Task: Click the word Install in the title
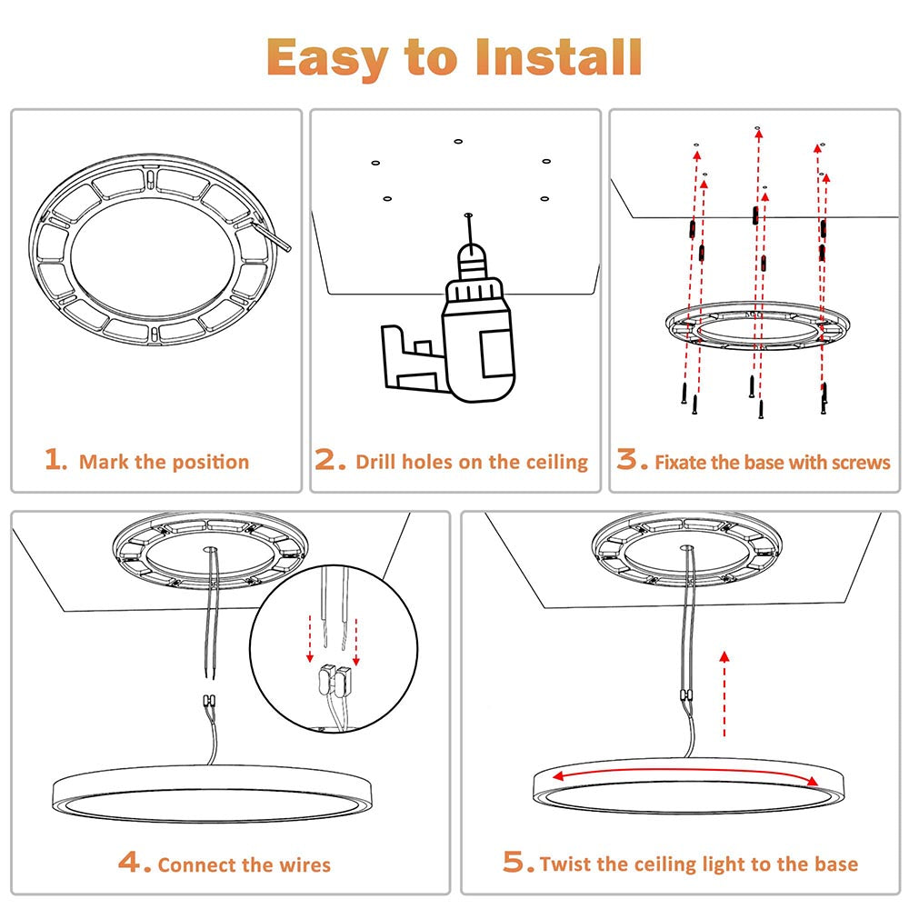558,58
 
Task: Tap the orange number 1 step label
56,460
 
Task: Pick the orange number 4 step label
135,862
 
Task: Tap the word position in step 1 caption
208,462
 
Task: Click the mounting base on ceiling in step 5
688,551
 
